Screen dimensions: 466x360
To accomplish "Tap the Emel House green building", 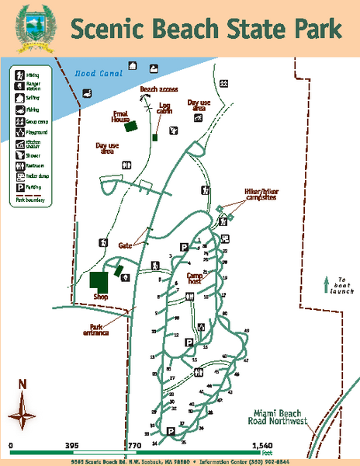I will pos(132,125).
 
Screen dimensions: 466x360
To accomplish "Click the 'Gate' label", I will pos(126,245).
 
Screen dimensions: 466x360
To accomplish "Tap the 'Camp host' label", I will pos(196,278).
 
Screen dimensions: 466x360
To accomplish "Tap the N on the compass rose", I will pos(22,384).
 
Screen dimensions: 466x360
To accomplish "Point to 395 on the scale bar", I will pos(72,446).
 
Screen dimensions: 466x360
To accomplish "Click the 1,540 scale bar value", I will pos(261,446).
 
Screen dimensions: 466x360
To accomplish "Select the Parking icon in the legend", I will pos(19,186).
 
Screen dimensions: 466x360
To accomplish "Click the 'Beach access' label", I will pos(158,89).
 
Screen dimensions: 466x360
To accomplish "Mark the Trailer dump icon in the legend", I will pos(19,176).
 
